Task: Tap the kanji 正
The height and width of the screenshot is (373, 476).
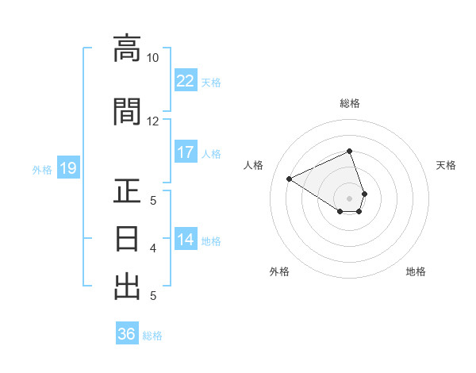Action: (x=127, y=193)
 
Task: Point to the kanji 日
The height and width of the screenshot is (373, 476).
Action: (x=127, y=238)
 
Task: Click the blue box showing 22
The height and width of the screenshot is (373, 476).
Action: (x=186, y=81)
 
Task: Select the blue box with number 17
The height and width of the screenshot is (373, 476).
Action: (x=186, y=152)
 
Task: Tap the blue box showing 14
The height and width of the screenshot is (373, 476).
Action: (x=186, y=240)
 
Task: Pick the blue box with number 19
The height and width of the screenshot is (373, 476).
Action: (x=67, y=168)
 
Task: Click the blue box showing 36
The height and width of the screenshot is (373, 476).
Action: (x=127, y=334)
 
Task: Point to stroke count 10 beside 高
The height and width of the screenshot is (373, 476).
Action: (x=152, y=58)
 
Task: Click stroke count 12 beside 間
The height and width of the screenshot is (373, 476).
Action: (x=152, y=121)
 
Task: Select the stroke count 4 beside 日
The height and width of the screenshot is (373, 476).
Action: (x=152, y=248)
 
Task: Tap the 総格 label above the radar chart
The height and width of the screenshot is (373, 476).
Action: (x=350, y=103)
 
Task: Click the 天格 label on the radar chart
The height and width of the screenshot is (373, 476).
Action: (x=446, y=165)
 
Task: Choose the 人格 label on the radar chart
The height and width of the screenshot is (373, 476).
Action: (x=254, y=165)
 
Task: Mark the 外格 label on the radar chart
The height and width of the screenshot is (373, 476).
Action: (x=279, y=272)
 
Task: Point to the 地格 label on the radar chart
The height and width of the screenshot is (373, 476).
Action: (x=416, y=272)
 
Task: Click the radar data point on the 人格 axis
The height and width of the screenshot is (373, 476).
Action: (x=290, y=179)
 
